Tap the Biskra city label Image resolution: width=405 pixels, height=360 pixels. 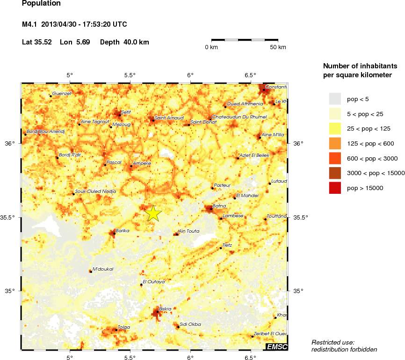(x=166, y=309)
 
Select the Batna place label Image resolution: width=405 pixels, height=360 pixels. (x=219, y=206)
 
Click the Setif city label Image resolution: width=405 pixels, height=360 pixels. (x=126, y=112)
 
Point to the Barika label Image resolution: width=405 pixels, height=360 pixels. (x=122, y=231)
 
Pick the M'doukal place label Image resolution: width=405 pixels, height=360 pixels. (x=103, y=269)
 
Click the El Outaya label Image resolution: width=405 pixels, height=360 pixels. (x=154, y=282)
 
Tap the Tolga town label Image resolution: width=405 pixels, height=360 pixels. (x=123, y=327)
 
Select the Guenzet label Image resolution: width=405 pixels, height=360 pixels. (x=62, y=94)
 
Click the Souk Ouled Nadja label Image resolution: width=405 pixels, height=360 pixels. (x=95, y=191)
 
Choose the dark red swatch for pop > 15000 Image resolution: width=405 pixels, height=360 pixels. (x=335, y=188)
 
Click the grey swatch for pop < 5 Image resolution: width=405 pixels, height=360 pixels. (x=335, y=99)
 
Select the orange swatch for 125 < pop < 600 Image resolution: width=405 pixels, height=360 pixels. (x=335, y=143)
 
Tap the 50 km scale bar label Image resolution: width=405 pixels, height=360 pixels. (x=278, y=47)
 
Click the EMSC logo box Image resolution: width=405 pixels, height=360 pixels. (x=276, y=346)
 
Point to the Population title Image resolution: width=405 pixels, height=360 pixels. (x=41, y=4)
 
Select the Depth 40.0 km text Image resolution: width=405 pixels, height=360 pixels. (x=124, y=42)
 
